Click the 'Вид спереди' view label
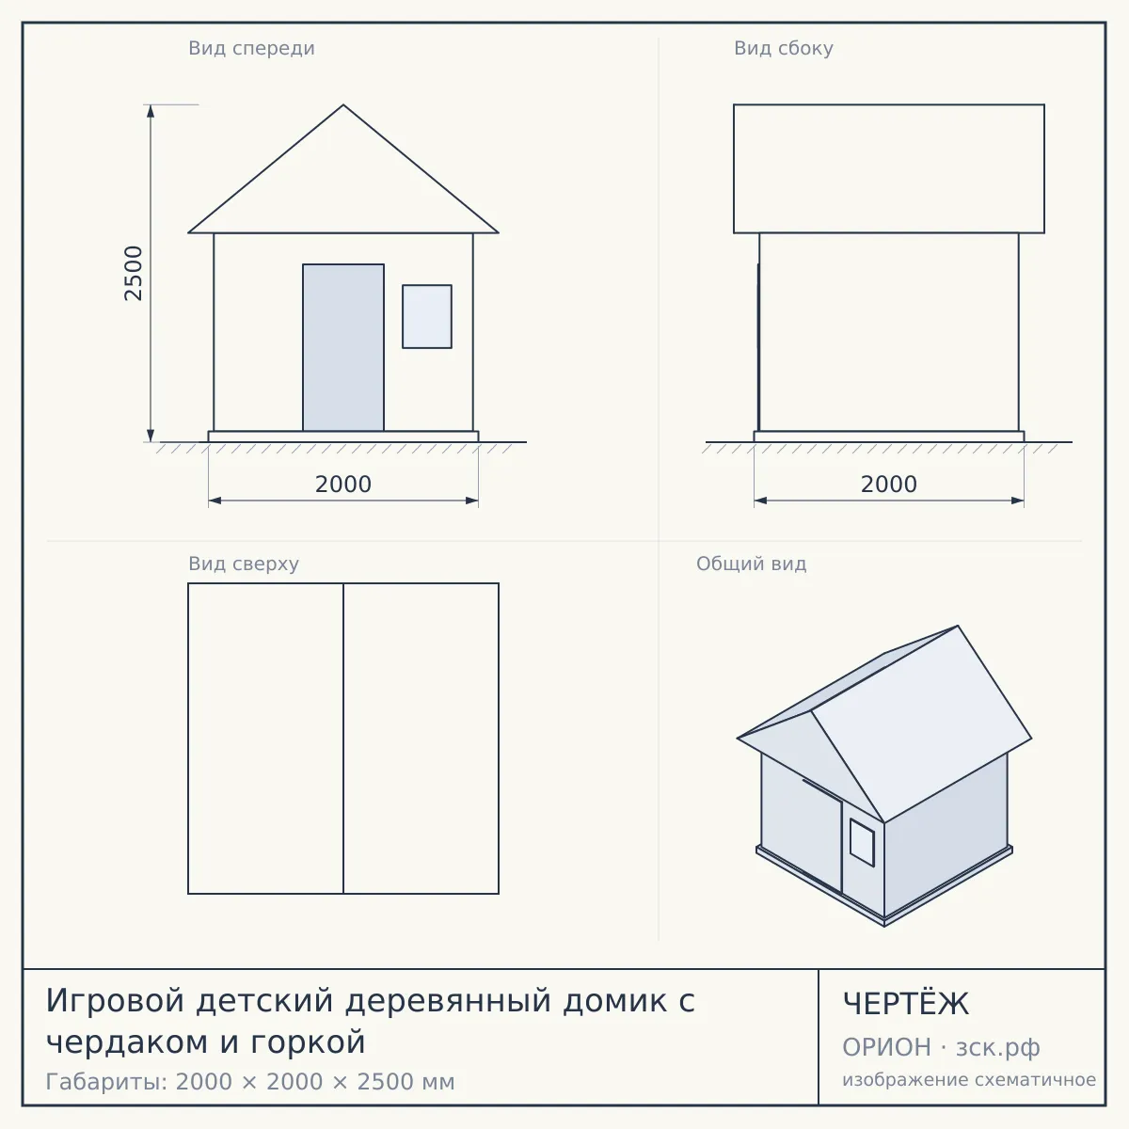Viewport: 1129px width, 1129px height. (x=251, y=48)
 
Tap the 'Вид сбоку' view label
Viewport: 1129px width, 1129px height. (x=784, y=48)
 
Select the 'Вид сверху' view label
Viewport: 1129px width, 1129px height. (x=244, y=564)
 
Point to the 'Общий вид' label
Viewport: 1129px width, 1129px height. (x=751, y=564)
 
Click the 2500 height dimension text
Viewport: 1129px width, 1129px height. (x=134, y=273)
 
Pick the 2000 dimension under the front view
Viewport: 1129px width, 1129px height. (x=343, y=485)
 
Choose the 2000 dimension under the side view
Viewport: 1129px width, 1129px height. (x=889, y=485)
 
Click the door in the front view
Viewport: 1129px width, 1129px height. (x=343, y=347)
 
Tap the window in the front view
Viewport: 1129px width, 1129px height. (x=427, y=316)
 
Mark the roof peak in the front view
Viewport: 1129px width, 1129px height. (x=343, y=105)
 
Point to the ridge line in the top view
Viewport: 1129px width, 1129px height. (x=343, y=739)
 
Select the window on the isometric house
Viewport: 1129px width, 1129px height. (x=862, y=842)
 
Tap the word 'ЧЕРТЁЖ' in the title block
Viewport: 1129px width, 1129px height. (x=906, y=1004)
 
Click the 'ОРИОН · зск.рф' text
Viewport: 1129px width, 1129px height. (x=941, y=1047)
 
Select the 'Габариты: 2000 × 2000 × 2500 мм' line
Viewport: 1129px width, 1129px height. (x=250, y=1082)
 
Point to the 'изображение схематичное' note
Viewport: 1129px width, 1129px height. (x=969, y=1079)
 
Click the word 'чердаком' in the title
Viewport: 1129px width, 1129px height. (x=127, y=1042)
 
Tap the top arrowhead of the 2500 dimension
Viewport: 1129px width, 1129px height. (x=151, y=111)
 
